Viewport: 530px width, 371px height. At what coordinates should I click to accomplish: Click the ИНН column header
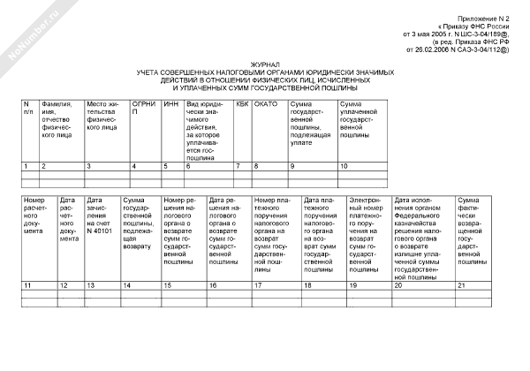(x=171, y=104)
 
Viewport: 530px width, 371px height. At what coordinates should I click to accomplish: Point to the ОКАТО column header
(x=266, y=104)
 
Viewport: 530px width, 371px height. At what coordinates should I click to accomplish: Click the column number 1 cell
(x=26, y=166)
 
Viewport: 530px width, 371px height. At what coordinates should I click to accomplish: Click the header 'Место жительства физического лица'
(x=105, y=116)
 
